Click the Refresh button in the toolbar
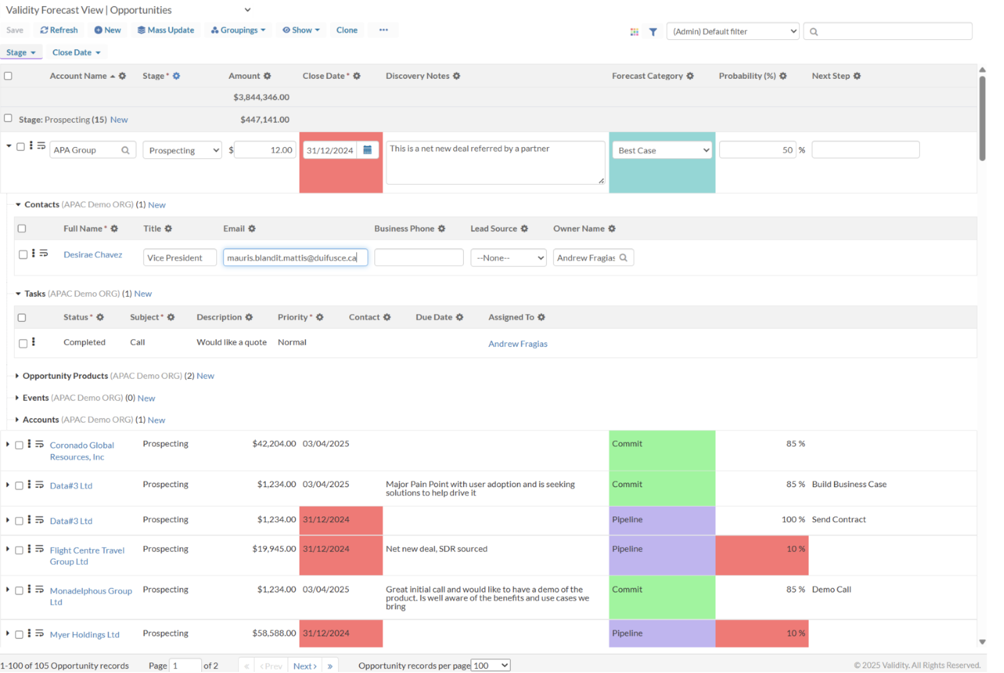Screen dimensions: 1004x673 (x=59, y=30)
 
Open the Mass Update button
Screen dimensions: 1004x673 (x=166, y=30)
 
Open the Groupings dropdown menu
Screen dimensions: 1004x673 (x=238, y=30)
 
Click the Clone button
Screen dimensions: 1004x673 (x=347, y=30)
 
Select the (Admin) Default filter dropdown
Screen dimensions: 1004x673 (x=733, y=32)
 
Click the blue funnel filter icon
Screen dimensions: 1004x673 (x=653, y=32)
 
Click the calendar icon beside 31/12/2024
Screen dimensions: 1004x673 (x=367, y=150)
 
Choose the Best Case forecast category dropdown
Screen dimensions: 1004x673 (x=662, y=150)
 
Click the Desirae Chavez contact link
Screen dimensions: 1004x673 (x=93, y=255)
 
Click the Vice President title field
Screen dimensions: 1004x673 (x=180, y=257)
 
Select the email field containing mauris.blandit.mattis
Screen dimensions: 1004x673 (x=295, y=257)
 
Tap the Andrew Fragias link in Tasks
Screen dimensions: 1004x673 (x=518, y=344)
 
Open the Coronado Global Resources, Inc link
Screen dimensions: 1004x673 (x=82, y=451)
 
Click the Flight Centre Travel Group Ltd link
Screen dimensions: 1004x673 (x=87, y=556)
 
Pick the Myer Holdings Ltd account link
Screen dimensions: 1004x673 (x=84, y=635)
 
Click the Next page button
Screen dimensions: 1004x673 (x=305, y=666)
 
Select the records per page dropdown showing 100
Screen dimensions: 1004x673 (x=490, y=665)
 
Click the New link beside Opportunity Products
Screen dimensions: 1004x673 (x=205, y=376)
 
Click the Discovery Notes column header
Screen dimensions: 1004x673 (x=418, y=76)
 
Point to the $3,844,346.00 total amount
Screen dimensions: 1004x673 (x=261, y=97)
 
